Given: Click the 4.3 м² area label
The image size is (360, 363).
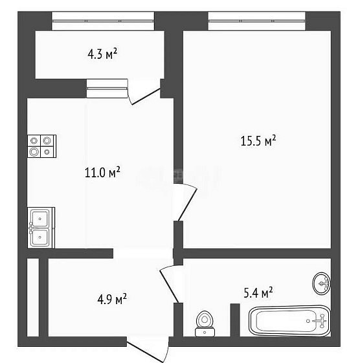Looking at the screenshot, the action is [102, 54].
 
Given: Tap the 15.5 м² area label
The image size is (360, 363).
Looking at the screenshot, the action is [258, 141].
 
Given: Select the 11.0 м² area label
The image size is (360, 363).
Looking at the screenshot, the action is [102, 172].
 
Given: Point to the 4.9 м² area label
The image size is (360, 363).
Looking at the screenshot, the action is [112, 299].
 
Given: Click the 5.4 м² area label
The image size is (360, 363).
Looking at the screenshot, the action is [258, 292].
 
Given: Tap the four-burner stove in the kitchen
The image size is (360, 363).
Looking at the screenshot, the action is [41, 146].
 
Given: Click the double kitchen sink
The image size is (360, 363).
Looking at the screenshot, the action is [41, 228].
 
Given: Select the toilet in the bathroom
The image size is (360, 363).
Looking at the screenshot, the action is [205, 324].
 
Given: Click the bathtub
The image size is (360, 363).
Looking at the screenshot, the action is [289, 321].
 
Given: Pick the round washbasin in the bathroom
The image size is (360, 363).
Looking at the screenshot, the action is [322, 283].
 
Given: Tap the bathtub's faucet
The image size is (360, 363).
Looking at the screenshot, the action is [321, 321].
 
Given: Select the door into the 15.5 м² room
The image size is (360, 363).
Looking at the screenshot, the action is [185, 202].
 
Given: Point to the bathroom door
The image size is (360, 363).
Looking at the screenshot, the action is [169, 284].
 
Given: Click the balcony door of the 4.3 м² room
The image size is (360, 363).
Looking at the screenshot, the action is [144, 92].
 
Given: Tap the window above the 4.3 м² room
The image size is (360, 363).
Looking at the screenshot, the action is [103, 21].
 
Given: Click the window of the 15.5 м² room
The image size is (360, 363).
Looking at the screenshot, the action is [257, 21].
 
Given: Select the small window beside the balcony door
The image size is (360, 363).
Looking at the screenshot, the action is [107, 89].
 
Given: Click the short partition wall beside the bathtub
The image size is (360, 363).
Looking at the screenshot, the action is [235, 320].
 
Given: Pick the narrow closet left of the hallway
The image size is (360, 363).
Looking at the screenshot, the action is [33, 297].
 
